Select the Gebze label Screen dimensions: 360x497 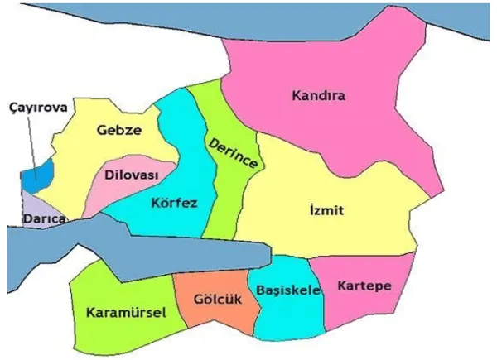[118, 130]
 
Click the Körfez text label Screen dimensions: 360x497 [175, 202]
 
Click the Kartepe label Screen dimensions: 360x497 [364, 286]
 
